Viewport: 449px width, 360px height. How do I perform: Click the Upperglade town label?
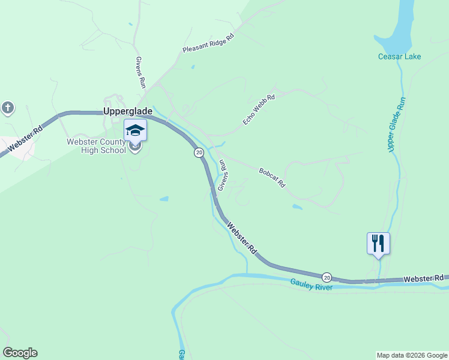tap(128, 112)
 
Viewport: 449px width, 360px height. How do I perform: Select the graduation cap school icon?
tap(135, 130)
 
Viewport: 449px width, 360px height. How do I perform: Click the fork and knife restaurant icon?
tap(378, 243)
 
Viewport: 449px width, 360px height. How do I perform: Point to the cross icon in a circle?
tap(7, 109)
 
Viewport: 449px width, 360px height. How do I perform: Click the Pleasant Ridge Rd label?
tap(208, 43)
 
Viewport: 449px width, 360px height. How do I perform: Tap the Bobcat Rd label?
tap(272, 178)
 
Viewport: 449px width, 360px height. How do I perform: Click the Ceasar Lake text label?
tap(399, 57)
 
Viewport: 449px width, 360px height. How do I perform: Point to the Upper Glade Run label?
tap(398, 125)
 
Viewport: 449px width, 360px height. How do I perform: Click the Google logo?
tap(20, 353)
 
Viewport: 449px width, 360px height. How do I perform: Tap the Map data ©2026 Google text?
tap(412, 355)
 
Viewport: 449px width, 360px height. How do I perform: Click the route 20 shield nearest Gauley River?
tap(327, 277)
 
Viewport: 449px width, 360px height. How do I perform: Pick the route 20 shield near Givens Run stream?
tap(199, 153)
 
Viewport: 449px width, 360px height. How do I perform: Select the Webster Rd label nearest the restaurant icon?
tap(423, 278)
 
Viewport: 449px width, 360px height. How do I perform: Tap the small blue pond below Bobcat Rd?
tap(297, 208)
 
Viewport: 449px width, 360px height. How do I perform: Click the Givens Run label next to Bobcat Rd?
tap(223, 175)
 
